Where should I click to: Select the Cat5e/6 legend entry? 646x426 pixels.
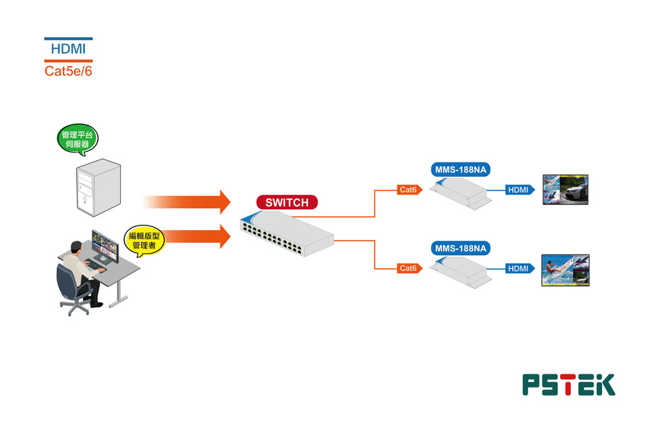click(x=68, y=71)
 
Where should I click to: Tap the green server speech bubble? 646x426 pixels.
click(x=78, y=139)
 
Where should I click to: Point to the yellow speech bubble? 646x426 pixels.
click(x=144, y=239)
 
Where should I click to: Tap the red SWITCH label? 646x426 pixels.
click(x=287, y=202)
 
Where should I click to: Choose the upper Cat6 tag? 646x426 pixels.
click(x=409, y=190)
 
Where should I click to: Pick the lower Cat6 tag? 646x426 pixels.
click(x=409, y=268)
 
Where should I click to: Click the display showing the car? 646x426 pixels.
click(x=565, y=190)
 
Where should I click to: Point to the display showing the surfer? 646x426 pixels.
click(x=565, y=270)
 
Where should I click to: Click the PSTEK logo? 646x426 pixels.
click(x=568, y=384)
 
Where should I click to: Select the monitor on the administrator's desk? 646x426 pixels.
click(x=105, y=246)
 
